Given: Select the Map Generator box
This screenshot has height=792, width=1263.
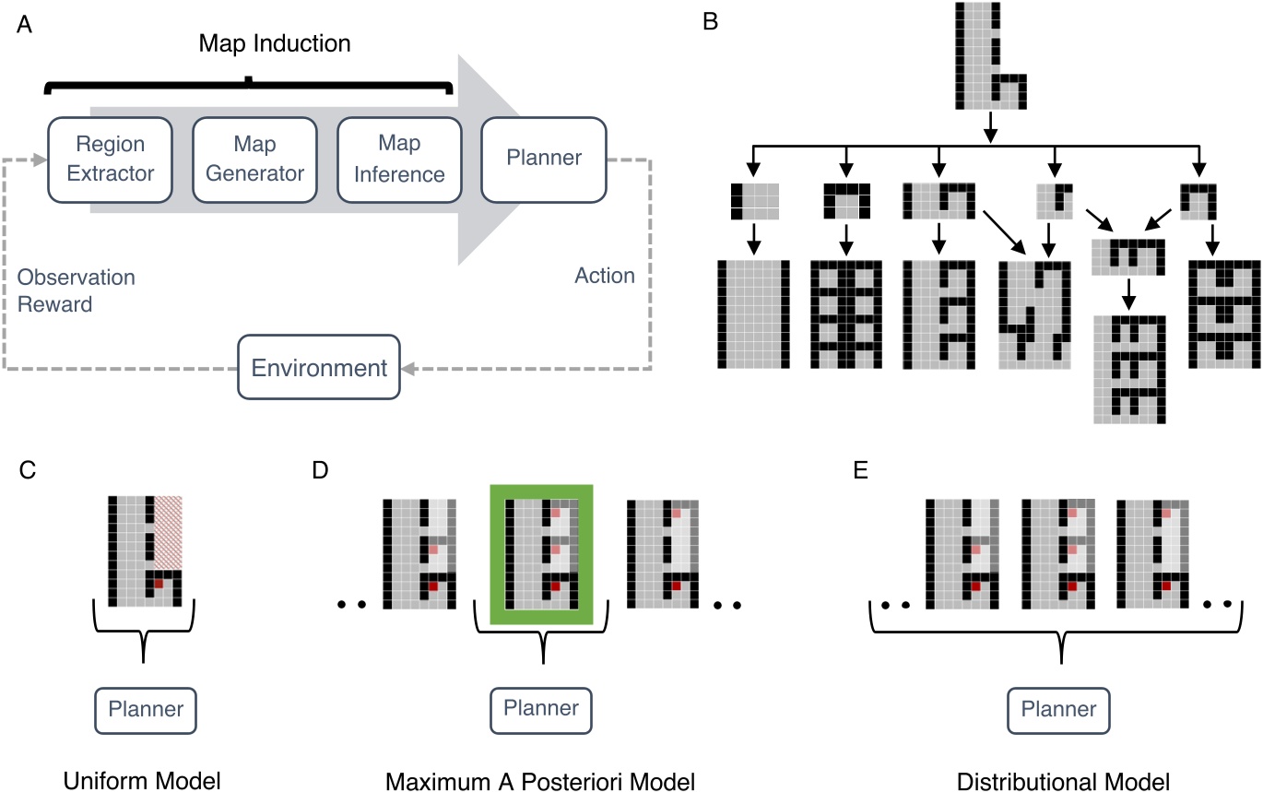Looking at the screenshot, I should [249, 160].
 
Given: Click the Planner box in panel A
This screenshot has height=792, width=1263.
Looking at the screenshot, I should [544, 158].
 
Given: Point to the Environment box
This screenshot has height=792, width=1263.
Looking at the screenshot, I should [319, 368].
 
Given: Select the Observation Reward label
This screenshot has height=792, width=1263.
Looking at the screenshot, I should [76, 290].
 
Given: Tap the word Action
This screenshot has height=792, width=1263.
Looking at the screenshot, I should [604, 276].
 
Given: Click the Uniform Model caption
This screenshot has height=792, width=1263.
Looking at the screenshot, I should [143, 781].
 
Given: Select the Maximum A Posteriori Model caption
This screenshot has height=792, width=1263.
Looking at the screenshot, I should [541, 781].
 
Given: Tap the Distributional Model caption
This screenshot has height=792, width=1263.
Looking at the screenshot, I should [1064, 781].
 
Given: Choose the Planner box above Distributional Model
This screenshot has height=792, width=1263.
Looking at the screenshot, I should [1063, 710].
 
